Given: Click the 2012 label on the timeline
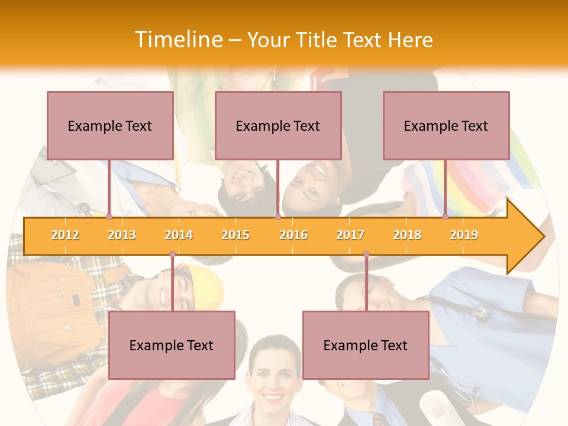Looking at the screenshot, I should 65,235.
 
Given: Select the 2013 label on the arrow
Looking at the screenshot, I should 122,235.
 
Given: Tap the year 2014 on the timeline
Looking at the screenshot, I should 179,235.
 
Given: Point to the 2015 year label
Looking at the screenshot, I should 235,235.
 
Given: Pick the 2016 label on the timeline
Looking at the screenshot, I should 293,235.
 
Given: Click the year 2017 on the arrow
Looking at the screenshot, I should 350,235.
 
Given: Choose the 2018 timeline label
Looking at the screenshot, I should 407,235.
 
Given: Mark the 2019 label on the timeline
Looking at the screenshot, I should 464,235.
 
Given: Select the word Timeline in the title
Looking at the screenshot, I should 177,40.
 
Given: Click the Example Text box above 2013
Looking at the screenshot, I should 110,125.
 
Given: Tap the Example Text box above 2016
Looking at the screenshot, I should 278,125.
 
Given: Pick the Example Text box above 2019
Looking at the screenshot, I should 446,125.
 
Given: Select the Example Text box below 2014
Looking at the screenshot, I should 172,345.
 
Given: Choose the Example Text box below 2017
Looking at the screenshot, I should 366,345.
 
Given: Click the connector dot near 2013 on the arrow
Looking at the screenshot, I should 109,217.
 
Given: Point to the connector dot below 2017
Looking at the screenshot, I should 366,254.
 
